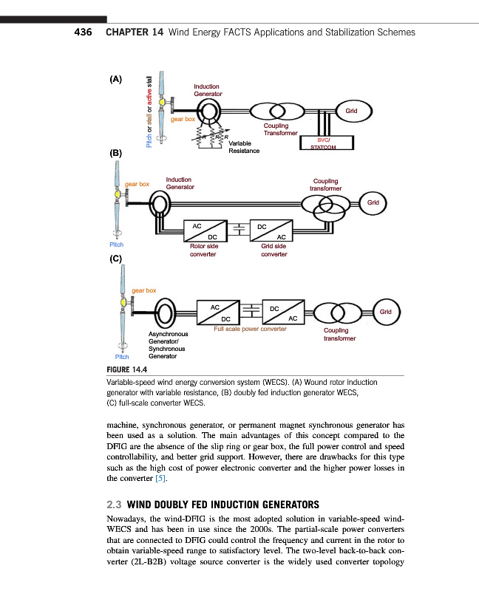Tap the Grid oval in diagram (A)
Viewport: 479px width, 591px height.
351,112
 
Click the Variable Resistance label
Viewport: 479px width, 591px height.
244,147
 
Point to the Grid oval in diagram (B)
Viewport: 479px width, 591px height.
373,202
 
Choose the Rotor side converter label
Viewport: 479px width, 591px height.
203,250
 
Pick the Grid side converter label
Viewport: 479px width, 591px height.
274,250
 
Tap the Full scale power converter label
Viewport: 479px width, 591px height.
250,329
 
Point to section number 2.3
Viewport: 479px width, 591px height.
115,505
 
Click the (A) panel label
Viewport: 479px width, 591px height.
116,78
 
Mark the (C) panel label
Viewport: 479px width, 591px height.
115,259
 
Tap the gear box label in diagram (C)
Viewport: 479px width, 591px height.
144,290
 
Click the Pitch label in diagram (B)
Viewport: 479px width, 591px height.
116,245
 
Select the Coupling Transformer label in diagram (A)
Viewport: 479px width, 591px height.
280,129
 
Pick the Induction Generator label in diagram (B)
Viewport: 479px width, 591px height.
180,183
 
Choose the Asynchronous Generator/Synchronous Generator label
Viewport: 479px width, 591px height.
167,345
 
